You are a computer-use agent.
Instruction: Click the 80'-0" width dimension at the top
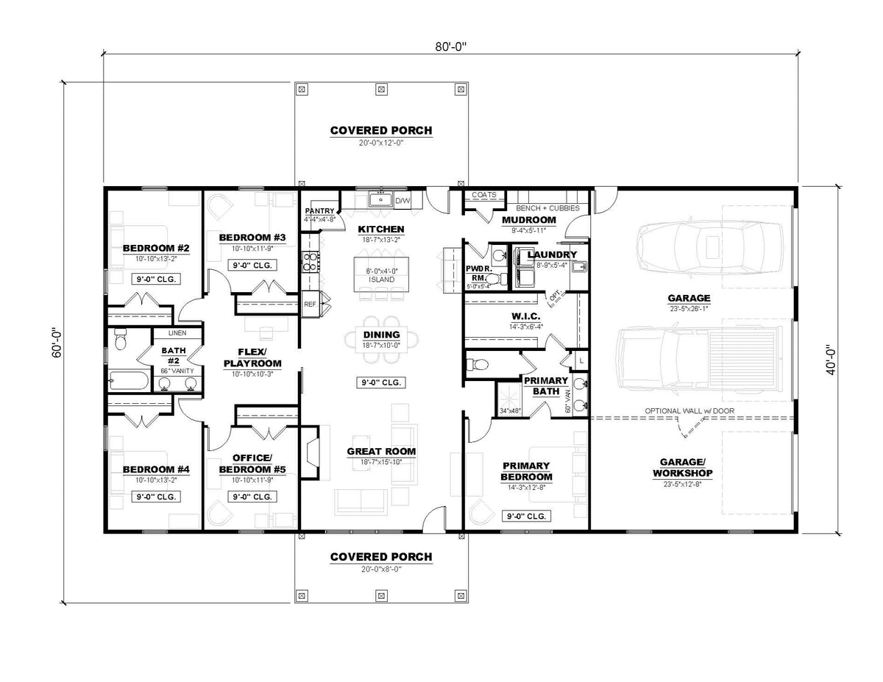point(450,46)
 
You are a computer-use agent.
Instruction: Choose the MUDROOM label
point(528,220)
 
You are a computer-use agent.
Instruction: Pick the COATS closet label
point(484,195)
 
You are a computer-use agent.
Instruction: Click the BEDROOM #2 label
point(156,248)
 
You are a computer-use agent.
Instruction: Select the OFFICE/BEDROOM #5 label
point(253,463)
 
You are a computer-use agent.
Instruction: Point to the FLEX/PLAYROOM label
point(252,358)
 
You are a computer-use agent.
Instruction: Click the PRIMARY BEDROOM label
point(527,471)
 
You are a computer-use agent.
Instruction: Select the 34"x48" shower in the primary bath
point(510,402)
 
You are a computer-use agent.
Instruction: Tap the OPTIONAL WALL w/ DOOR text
point(689,411)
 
